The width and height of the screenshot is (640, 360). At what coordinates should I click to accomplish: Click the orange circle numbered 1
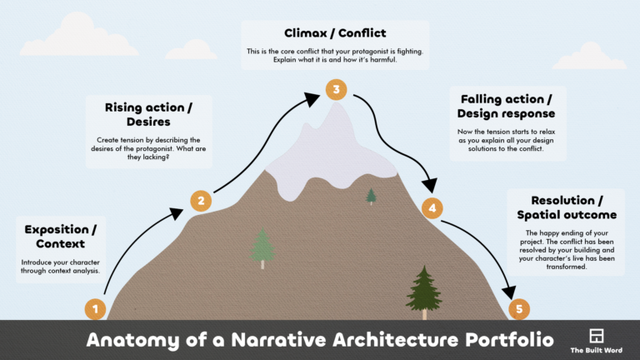click(95, 309)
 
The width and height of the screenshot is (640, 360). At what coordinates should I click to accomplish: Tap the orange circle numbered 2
click(201, 201)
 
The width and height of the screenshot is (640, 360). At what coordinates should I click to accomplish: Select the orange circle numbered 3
click(337, 89)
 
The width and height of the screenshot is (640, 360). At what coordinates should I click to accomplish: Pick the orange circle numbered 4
click(432, 208)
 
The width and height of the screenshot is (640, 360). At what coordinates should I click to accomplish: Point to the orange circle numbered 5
click(519, 309)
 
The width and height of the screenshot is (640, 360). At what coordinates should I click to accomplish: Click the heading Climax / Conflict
click(335, 33)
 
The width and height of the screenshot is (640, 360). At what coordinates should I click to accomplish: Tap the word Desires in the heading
click(148, 122)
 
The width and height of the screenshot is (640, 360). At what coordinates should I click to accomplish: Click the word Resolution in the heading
click(562, 200)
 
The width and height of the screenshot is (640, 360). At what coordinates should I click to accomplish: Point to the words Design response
click(506, 113)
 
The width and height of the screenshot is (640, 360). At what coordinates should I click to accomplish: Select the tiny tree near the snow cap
click(371, 196)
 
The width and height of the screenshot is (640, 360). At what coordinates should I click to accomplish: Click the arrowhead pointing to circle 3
click(312, 99)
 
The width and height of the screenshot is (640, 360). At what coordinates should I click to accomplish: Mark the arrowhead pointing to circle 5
click(508, 292)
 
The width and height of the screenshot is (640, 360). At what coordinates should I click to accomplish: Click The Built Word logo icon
click(597, 336)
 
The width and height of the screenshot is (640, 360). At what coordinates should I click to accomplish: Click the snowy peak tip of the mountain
click(337, 103)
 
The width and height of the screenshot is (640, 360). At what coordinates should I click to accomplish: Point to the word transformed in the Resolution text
click(566, 267)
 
